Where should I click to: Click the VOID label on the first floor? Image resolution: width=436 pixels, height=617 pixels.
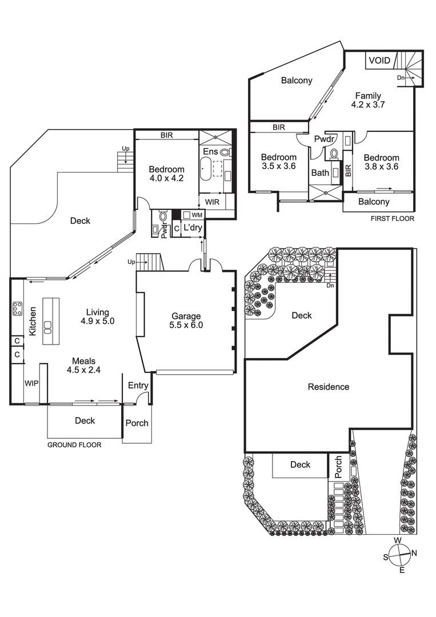[x=380, y=60]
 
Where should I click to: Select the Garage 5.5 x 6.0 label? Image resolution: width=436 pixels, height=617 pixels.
[x=186, y=320]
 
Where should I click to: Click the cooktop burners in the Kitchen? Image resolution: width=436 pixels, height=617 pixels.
[x=17, y=308]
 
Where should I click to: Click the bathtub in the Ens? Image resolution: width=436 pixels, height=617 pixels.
[x=206, y=169]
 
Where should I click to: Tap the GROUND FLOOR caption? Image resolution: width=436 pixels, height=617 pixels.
[x=74, y=445]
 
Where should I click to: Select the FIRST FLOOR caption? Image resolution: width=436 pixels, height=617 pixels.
[x=393, y=218]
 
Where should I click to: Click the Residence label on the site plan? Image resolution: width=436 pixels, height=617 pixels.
[x=329, y=387]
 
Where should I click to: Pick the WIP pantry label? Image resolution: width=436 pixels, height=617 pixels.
[x=31, y=383]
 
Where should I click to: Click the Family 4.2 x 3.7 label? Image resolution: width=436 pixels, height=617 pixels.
[x=368, y=100]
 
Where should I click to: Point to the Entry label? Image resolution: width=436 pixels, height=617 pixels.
[x=138, y=386]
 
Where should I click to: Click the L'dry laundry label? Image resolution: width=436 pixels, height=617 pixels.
[x=193, y=227]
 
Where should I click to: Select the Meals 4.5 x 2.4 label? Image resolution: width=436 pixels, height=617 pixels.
[x=84, y=365]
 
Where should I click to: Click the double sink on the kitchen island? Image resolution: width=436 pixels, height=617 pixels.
[x=47, y=328]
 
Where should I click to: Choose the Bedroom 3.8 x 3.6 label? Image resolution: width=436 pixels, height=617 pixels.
[x=381, y=162]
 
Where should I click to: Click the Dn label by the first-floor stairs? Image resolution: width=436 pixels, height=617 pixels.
[x=401, y=78]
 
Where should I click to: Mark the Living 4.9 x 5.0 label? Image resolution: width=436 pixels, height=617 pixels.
[x=98, y=316]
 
